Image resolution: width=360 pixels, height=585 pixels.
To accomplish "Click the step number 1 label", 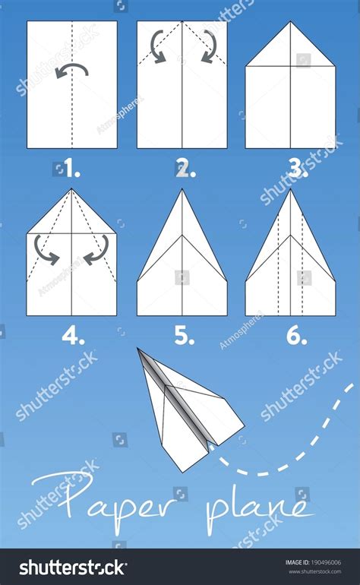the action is (x=72, y=169).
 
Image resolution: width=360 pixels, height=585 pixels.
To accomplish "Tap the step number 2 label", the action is (x=185, y=169).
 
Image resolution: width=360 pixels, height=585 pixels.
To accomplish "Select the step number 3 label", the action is (x=298, y=169).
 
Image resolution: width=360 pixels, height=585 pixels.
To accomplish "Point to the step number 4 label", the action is (x=73, y=336).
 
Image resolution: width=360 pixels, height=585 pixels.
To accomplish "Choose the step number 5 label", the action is (x=185, y=336).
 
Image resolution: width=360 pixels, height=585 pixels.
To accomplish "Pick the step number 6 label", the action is (x=296, y=336).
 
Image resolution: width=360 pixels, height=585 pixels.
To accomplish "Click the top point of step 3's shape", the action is (x=291, y=21).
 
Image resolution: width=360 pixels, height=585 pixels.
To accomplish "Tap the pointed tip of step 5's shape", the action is (x=182, y=189).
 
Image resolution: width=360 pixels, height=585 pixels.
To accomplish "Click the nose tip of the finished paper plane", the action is (x=137, y=349).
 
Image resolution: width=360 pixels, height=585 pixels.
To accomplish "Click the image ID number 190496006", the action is (x=326, y=562).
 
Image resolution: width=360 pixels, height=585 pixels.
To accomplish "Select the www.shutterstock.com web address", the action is (x=315, y=571).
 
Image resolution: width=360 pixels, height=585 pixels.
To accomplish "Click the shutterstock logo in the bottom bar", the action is (x=73, y=568).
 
